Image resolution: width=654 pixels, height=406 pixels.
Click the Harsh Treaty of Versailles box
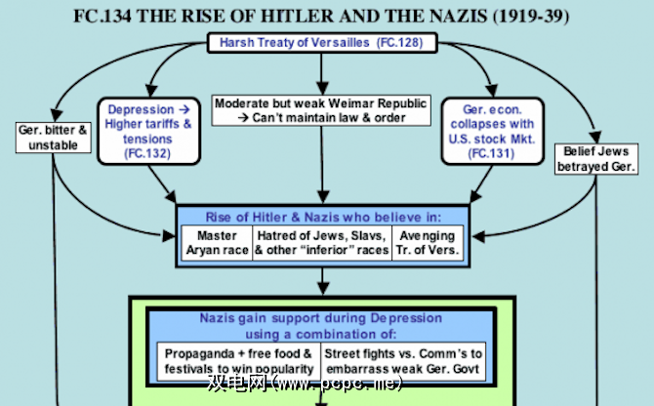(322, 43)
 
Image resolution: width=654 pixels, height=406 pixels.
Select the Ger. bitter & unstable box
(54, 138)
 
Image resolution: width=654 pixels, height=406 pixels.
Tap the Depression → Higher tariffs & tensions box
(149, 132)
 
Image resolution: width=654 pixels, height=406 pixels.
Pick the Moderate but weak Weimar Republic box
(321, 110)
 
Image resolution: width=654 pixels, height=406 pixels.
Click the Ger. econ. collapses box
(493, 132)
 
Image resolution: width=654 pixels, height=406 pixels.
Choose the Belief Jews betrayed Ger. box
(596, 159)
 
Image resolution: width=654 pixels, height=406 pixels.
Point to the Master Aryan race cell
(217, 243)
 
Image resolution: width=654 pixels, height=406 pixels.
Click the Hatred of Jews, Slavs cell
(322, 243)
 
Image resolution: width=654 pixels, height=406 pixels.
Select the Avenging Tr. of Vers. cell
(428, 243)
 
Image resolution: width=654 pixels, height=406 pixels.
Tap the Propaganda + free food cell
(238, 361)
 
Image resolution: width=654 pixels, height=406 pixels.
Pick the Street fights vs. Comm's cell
(403, 361)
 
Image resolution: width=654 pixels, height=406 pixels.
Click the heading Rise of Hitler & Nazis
(323, 218)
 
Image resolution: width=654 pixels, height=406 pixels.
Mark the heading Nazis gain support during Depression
(321, 318)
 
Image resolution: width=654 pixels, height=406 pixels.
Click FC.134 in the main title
(102, 17)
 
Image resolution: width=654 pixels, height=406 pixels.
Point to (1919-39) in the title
(531, 17)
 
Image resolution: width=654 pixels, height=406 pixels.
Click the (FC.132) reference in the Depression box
(147, 153)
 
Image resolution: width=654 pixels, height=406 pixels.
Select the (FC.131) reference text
(491, 153)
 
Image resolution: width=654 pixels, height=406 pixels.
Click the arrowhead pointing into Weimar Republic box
(321, 88)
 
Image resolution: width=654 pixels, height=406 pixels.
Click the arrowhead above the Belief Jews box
(595, 137)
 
